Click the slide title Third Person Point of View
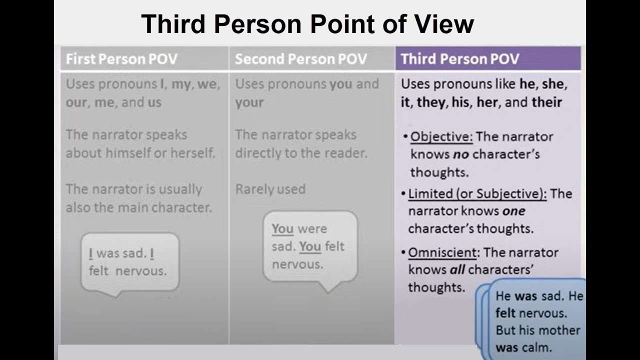307,23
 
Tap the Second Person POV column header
300,59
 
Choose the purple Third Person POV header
460,59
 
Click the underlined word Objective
441,136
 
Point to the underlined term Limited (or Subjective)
477,193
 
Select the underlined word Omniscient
443,252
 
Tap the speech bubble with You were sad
310,246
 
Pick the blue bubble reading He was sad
537,321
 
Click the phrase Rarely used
270,189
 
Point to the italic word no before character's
460,154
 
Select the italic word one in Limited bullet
513,211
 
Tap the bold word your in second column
249,102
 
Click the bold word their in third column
546,102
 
